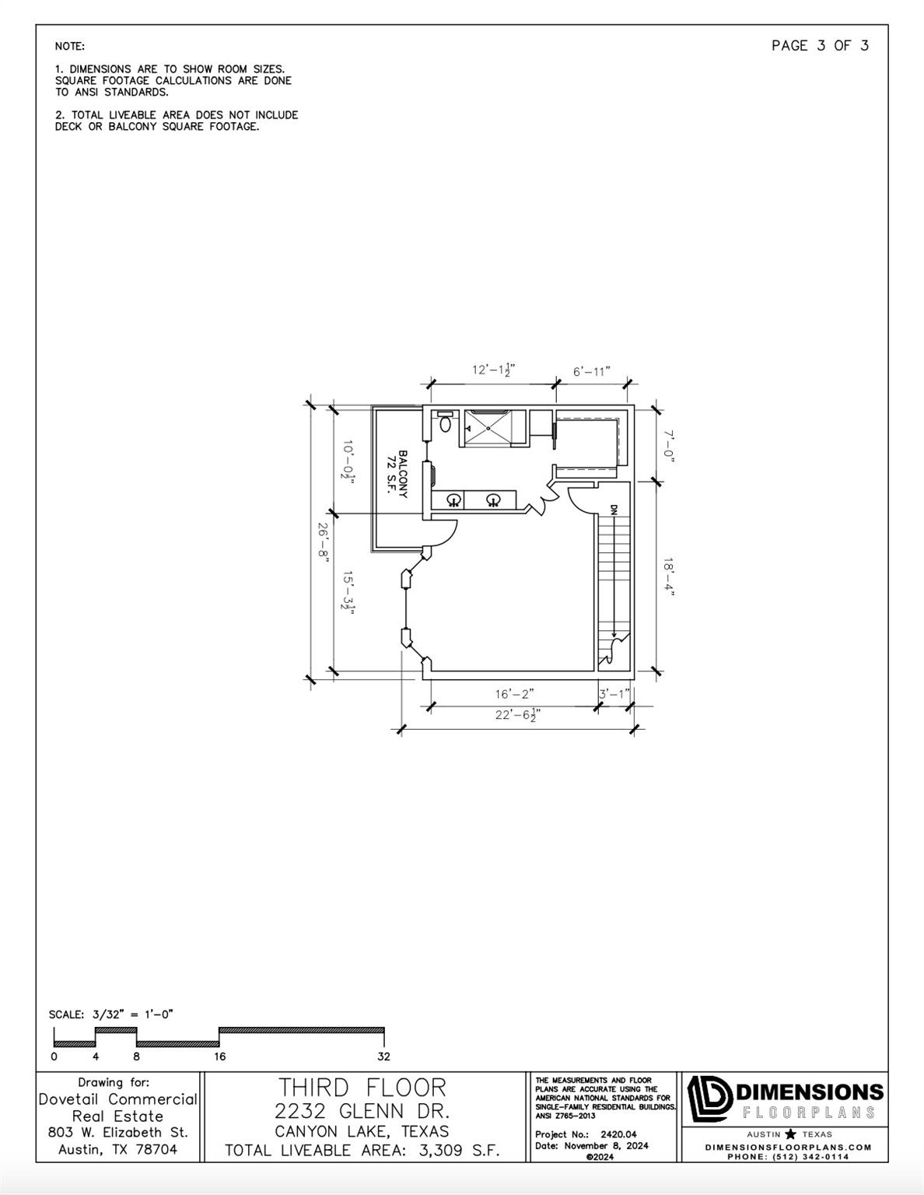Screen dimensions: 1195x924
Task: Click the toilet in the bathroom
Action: point(445,424)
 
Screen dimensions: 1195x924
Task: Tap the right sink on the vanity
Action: point(492,499)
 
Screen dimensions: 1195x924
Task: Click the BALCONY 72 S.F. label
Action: point(397,474)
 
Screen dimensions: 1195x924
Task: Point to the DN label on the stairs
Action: point(614,510)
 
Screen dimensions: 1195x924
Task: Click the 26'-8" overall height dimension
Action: point(321,541)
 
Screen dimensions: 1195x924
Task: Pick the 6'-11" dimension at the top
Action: point(592,371)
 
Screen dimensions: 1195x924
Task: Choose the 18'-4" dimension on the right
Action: point(668,576)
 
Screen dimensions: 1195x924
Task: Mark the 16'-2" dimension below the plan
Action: point(514,693)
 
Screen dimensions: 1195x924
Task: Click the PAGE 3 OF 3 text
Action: point(820,46)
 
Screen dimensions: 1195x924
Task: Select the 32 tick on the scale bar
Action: point(383,1057)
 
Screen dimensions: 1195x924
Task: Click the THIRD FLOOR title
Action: point(362,1088)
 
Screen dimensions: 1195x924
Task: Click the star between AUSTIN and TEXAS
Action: point(790,1134)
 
